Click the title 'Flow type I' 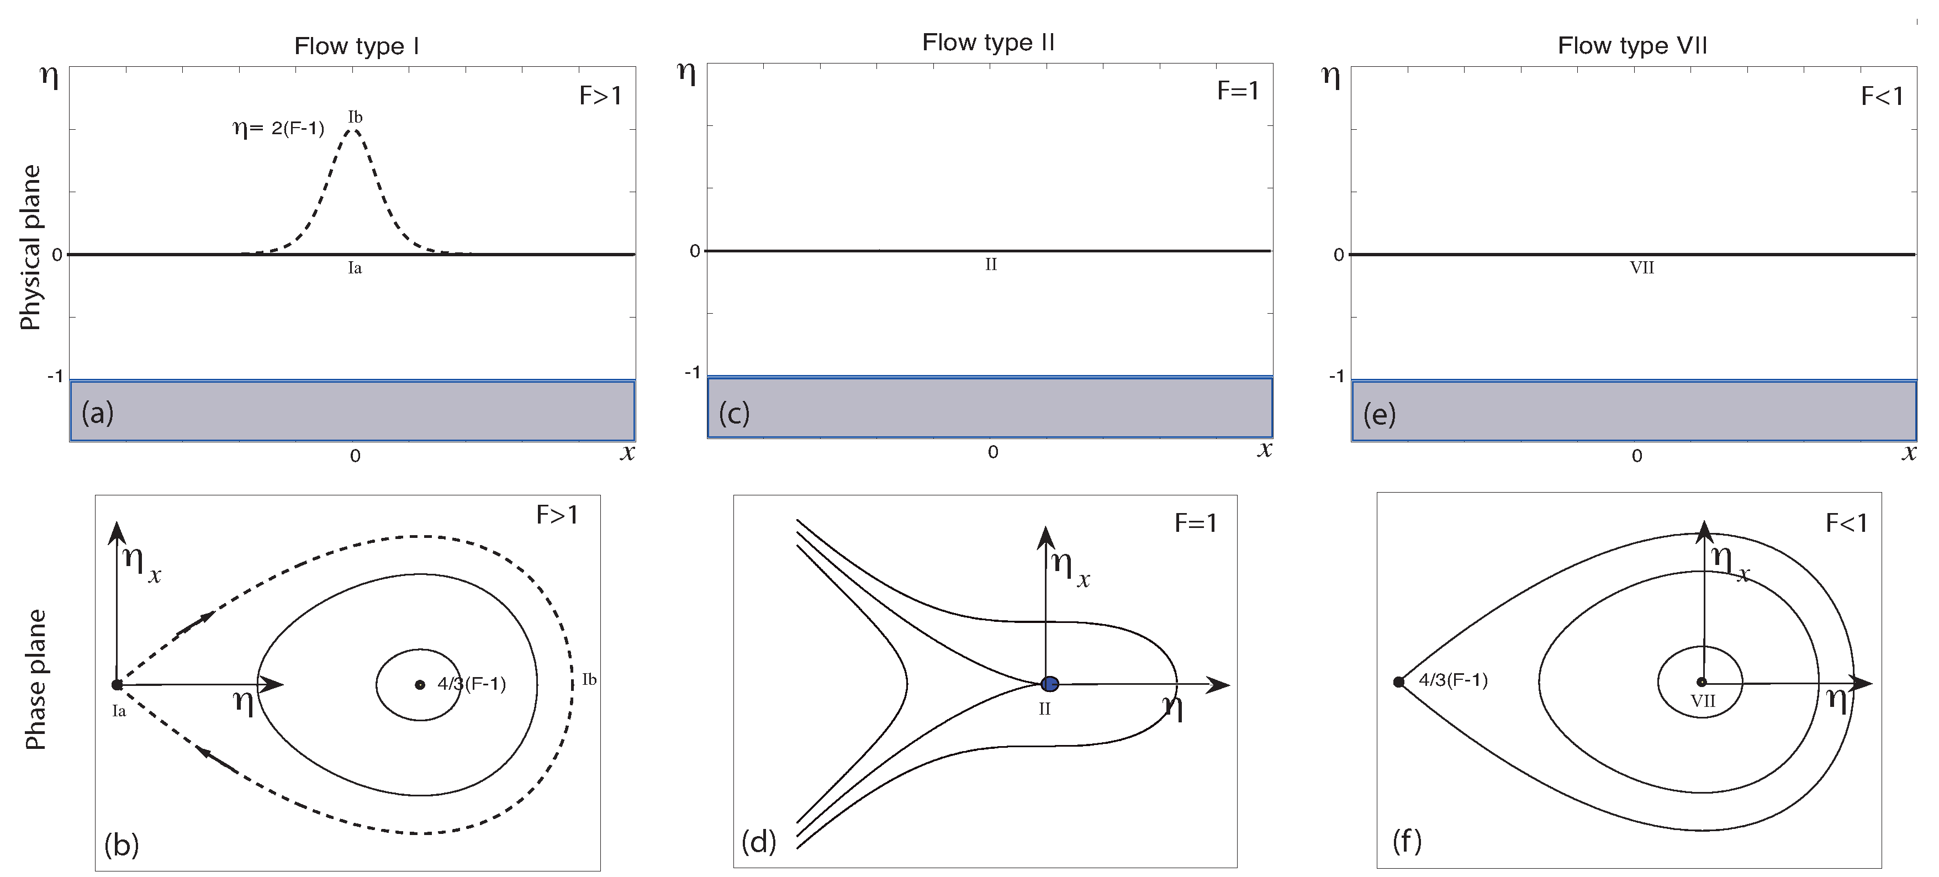tap(356, 47)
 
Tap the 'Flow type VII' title tap(1632, 46)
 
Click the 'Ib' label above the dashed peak tap(355, 117)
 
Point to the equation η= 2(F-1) tap(278, 128)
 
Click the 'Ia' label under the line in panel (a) tap(355, 268)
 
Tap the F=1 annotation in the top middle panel tap(1238, 91)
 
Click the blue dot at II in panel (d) tap(1049, 684)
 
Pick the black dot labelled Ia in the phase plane tap(117, 684)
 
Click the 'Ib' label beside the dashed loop tap(589, 680)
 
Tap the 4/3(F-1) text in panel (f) tap(1453, 680)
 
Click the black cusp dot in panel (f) tap(1398, 682)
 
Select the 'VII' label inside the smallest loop tap(1703, 701)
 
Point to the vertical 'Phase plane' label tap(35, 679)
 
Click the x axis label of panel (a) tap(627, 453)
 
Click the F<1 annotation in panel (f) tap(1846, 522)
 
